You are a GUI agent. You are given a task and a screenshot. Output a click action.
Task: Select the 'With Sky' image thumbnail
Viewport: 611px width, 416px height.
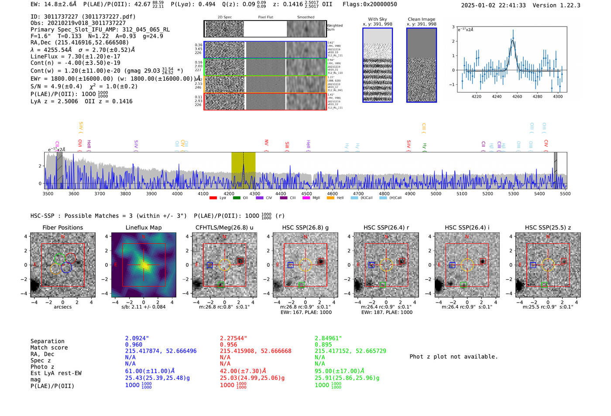378,65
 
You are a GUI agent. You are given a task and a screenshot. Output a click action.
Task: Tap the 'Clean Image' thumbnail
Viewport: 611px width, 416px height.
422,65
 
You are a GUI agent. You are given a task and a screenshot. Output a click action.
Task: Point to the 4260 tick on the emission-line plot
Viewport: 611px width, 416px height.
517,96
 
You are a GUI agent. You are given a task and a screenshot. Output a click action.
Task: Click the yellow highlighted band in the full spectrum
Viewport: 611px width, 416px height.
243,170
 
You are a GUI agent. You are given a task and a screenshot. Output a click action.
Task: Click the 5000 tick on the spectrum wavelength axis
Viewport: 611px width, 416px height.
436,194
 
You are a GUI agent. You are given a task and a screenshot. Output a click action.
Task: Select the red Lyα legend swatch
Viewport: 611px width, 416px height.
213,198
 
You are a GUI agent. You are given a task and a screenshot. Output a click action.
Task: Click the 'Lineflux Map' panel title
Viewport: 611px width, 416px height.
144,227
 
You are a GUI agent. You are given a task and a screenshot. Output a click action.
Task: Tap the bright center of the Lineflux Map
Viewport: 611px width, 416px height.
144,265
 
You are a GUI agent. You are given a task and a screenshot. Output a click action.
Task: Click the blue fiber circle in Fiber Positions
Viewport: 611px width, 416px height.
66,268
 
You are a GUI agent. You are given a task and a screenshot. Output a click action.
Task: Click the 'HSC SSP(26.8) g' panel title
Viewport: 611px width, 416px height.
305,227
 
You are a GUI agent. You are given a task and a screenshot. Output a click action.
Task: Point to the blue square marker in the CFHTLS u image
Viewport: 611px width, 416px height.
210,265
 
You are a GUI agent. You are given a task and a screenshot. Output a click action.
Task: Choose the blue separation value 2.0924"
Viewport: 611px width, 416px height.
137,338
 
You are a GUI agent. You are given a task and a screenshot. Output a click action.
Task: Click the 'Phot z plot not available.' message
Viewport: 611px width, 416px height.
453,357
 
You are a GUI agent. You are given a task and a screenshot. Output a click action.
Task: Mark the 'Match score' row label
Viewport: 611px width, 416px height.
49,347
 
